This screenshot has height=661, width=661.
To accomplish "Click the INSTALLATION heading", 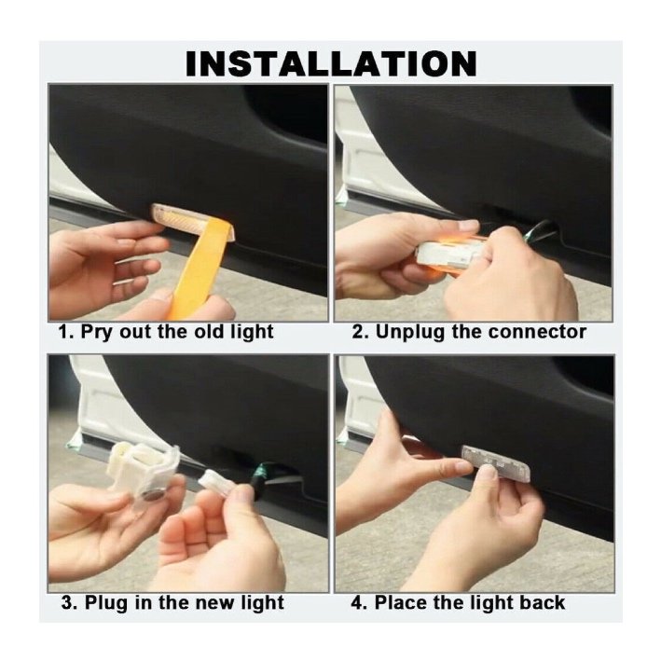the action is pyautogui.click(x=331, y=63).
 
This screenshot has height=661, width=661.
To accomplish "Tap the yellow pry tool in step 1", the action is pyautogui.click(x=199, y=269).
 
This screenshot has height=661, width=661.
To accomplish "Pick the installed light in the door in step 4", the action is pyautogui.click(x=495, y=462).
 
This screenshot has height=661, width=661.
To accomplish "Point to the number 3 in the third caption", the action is pyautogui.click(x=67, y=603).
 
